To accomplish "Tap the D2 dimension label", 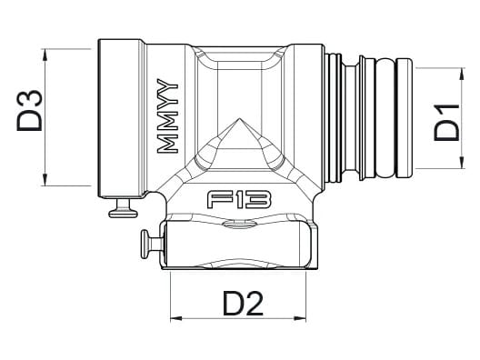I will (241, 302).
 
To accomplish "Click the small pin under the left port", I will (124, 211).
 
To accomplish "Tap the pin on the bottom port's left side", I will (149, 244).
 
